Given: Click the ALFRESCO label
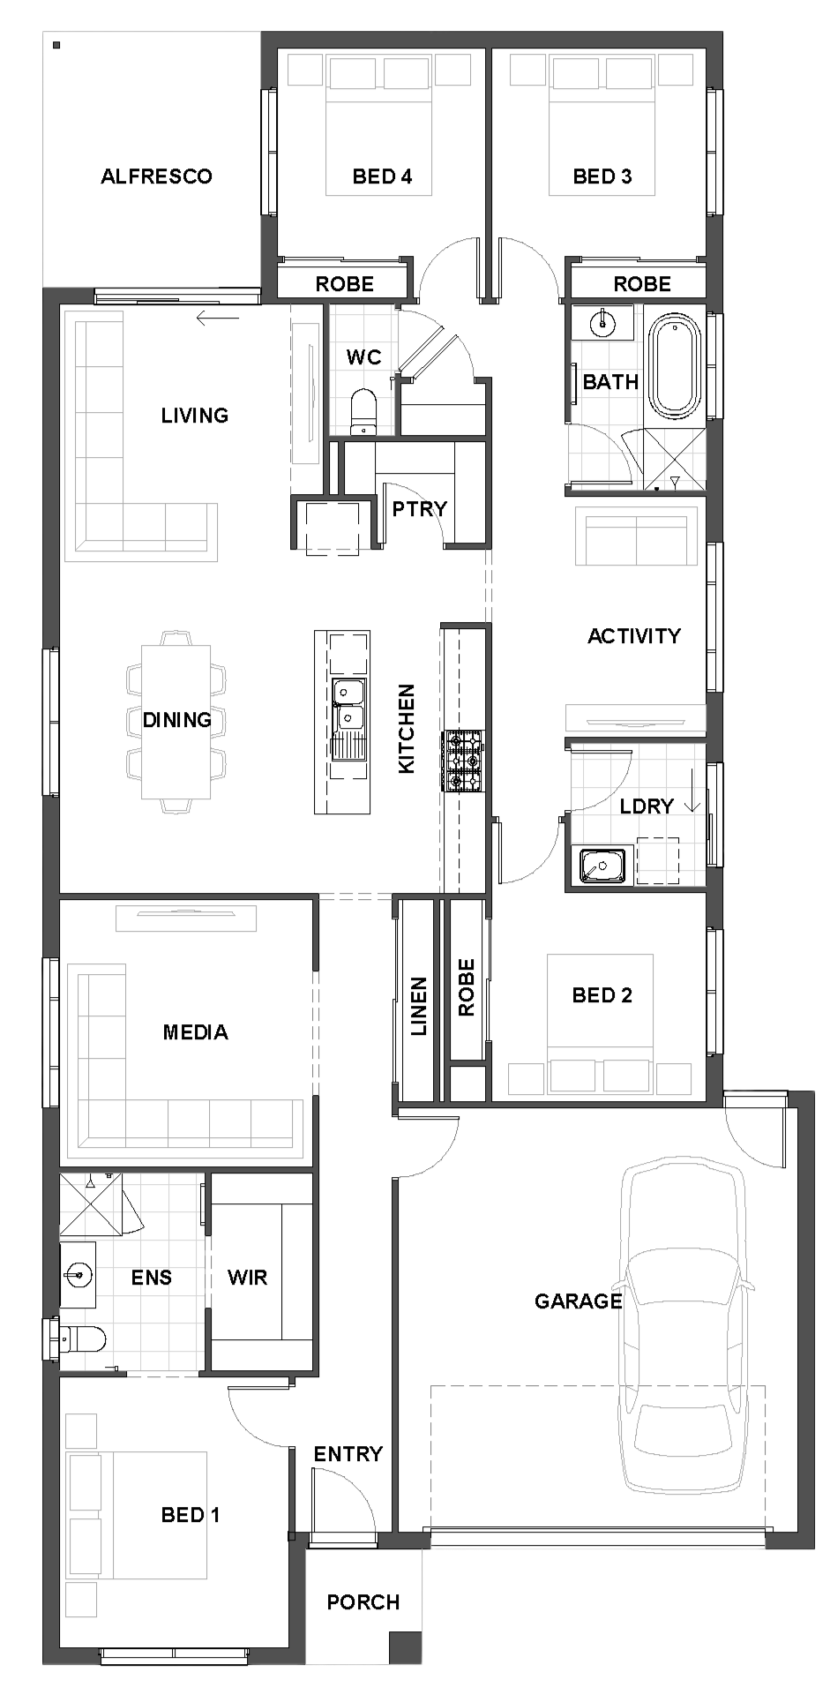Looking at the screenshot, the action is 156,176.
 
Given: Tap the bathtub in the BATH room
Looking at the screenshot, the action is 675,368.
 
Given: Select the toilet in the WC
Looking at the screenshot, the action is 363,413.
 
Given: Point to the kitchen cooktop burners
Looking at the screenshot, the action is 463,760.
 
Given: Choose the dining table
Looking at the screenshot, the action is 176,722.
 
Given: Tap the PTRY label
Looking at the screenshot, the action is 419,509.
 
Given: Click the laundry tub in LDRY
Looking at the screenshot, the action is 602,866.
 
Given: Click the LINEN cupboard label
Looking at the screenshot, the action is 418,1006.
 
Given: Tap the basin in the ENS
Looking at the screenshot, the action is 78,1274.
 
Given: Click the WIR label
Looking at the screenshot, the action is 247,1278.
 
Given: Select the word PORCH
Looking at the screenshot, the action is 363,1602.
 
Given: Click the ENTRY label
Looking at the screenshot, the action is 348,1454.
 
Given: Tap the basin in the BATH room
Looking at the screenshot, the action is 602,323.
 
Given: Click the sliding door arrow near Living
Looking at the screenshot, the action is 218,319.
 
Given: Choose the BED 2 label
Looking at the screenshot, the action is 602,995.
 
